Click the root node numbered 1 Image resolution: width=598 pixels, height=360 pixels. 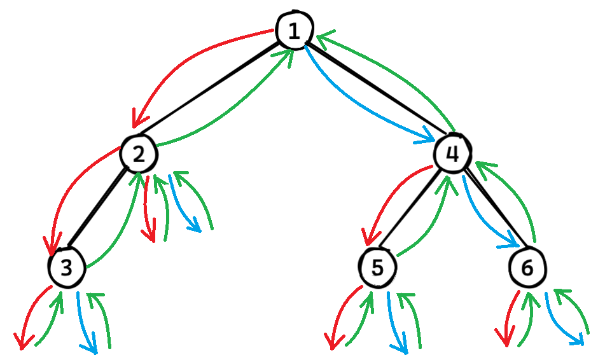click(x=294, y=30)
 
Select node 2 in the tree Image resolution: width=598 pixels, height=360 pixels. click(x=139, y=153)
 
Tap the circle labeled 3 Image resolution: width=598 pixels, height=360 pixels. click(x=66, y=268)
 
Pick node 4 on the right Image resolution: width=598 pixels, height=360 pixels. click(x=452, y=152)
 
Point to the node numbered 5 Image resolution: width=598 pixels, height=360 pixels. click(x=377, y=268)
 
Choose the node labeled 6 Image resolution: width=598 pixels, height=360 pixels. click(x=527, y=268)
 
